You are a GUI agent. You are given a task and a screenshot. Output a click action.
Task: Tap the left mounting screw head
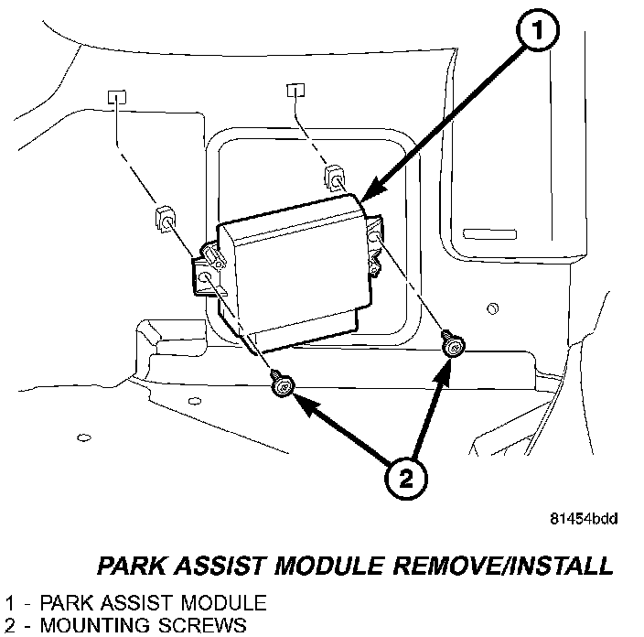pos(283,389)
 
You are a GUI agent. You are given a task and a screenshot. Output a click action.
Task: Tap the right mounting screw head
pos(452,344)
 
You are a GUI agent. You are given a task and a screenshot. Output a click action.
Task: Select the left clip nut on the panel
pos(164,221)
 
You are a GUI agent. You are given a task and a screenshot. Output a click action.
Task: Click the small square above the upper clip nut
pos(295,89)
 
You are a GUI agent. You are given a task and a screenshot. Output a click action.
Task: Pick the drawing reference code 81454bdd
pos(584,519)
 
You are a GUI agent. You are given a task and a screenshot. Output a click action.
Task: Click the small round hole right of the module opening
pos(492,308)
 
